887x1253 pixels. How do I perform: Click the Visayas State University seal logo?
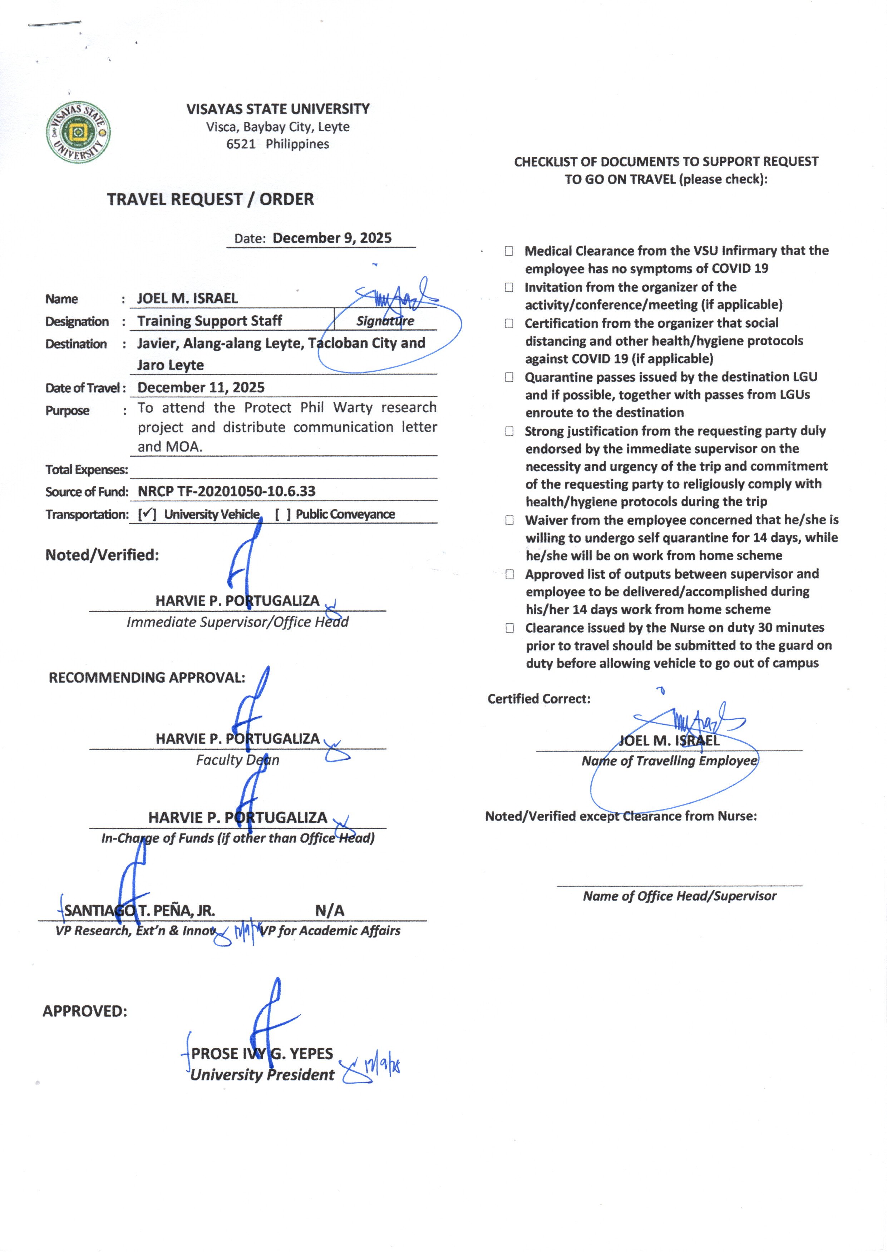tap(78, 132)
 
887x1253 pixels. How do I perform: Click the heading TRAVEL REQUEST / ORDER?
tap(210, 199)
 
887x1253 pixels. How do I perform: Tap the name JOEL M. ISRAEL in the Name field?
tap(187, 298)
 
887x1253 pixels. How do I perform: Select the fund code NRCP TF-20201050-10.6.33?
tap(226, 491)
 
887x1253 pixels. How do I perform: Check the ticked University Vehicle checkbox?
tap(147, 514)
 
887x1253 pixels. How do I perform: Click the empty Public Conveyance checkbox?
tap(283, 514)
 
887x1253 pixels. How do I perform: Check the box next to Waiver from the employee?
tap(509, 520)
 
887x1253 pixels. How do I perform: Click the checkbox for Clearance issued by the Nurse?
tap(509, 628)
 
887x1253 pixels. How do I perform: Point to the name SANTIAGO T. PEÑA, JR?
tap(139, 911)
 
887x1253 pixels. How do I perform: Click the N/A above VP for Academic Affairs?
tap(330, 910)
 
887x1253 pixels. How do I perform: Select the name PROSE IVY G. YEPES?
tap(262, 1054)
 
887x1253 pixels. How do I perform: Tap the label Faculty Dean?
tap(238, 760)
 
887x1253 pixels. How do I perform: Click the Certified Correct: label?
tap(538, 699)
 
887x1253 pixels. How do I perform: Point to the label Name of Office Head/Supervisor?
tap(679, 896)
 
